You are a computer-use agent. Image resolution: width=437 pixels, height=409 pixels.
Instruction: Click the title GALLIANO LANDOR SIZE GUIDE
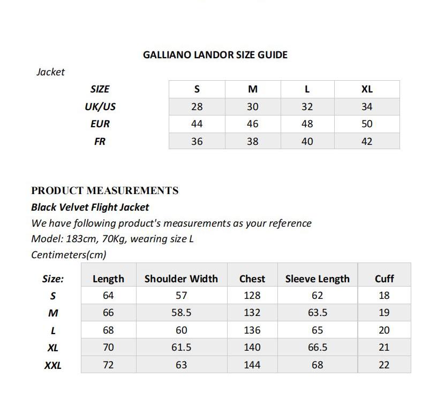click(215, 55)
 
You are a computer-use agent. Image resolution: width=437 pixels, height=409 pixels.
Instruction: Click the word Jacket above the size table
click(50, 72)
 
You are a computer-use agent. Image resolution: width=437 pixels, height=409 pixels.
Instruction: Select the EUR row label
click(100, 124)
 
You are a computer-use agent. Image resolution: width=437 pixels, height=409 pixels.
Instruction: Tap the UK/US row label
click(100, 106)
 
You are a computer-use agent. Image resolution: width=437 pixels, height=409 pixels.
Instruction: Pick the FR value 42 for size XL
click(366, 141)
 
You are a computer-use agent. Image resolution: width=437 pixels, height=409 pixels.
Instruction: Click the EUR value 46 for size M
click(252, 124)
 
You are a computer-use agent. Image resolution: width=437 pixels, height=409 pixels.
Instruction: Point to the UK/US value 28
click(197, 106)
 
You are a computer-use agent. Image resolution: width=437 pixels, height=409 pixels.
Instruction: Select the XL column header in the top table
click(366, 89)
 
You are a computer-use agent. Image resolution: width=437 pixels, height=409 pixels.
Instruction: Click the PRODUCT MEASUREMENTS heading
click(104, 190)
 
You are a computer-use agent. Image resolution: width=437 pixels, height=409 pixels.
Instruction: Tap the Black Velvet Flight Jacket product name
click(90, 207)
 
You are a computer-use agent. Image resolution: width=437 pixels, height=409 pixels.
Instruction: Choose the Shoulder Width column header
click(181, 279)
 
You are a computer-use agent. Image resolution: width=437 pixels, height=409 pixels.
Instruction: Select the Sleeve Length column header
click(317, 279)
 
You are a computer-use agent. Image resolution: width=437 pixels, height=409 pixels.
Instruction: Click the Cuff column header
click(384, 279)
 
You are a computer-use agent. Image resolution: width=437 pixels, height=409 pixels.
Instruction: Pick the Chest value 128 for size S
click(252, 295)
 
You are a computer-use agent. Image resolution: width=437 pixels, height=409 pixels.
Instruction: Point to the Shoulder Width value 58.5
click(181, 312)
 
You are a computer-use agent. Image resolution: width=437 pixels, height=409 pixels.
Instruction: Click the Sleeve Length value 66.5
click(317, 347)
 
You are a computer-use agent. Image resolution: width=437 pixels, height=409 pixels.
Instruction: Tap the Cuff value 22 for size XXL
click(384, 365)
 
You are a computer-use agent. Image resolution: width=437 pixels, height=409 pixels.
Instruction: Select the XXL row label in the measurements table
click(52, 365)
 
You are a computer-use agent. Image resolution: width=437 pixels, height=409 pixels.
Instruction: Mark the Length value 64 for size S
click(108, 295)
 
